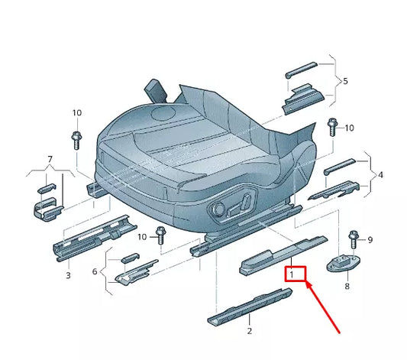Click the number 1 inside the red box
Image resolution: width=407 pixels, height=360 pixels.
point(292,273)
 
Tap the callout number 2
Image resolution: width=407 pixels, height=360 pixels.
point(249,331)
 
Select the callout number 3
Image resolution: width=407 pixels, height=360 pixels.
point(67,274)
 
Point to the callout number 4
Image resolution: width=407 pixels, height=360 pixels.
point(380,175)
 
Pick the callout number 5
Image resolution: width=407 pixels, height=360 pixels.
point(345,80)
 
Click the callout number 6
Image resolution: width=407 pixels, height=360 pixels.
point(95,271)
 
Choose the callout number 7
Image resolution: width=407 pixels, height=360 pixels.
point(50,159)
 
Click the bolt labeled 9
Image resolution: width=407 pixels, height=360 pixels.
point(352,239)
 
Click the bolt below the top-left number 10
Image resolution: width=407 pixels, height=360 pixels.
point(77,139)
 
